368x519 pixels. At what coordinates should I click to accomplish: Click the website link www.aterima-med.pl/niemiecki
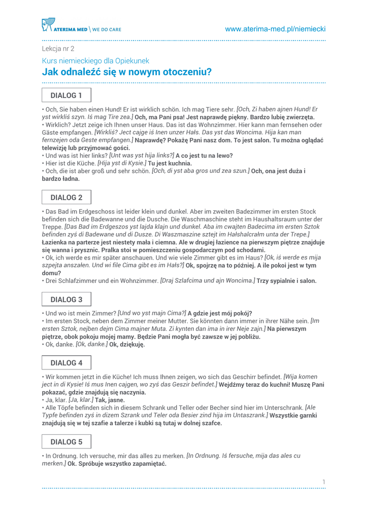pos(275,29)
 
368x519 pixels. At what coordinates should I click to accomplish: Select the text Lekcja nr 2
pos(58,49)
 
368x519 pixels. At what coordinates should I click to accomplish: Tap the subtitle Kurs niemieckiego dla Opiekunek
pos(95,61)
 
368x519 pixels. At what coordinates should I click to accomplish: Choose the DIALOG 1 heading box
pos(66,95)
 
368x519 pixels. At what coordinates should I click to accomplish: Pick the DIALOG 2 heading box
pos(66,198)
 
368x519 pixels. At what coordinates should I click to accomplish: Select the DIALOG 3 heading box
pos(66,300)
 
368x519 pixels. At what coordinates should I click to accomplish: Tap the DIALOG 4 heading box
pos(66,363)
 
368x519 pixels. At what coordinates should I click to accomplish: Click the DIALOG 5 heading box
pos(66,442)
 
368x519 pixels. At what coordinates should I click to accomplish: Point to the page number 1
pos(323,481)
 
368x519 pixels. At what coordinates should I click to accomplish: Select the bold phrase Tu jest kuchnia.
pos(170,164)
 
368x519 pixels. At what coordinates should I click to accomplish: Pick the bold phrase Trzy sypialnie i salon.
pos(286,281)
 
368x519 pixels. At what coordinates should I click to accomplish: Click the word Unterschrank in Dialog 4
pos(282,407)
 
